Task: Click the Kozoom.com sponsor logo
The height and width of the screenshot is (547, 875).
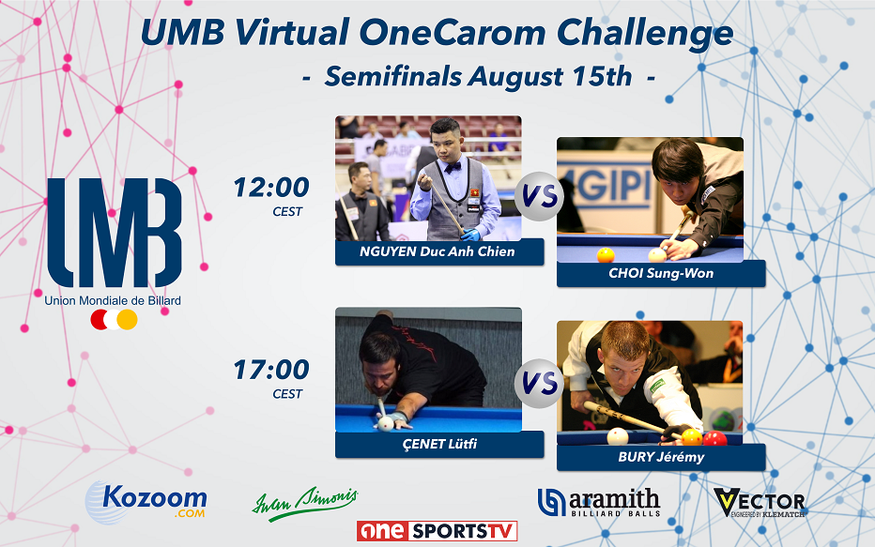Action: click(x=146, y=501)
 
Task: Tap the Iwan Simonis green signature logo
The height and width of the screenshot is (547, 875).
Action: click(x=304, y=503)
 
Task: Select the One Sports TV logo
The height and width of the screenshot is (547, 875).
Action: click(x=437, y=531)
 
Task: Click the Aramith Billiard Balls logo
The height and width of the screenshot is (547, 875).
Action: click(x=598, y=503)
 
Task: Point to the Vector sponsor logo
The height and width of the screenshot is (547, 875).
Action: click(x=759, y=503)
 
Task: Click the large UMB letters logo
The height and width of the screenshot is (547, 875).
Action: click(x=114, y=232)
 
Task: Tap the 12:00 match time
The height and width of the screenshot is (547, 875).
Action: click(x=271, y=188)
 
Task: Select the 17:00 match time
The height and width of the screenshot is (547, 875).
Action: click(x=271, y=370)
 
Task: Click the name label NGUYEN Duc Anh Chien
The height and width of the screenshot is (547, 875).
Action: click(x=438, y=251)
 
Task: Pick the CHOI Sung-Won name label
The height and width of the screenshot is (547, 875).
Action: click(x=660, y=274)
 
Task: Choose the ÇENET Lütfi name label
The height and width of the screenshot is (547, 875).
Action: click(x=438, y=444)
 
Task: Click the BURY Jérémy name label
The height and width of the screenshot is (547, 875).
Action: click(x=660, y=457)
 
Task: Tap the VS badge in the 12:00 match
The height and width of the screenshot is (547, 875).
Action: click(x=538, y=198)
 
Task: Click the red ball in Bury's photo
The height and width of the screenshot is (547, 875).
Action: click(x=715, y=438)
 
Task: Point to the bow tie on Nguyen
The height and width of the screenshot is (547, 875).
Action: click(x=453, y=167)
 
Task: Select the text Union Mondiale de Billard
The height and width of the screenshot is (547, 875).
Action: click(x=113, y=300)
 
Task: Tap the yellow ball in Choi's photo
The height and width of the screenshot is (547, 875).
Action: click(x=606, y=254)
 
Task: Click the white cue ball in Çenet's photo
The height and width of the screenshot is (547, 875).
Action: click(x=385, y=423)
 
